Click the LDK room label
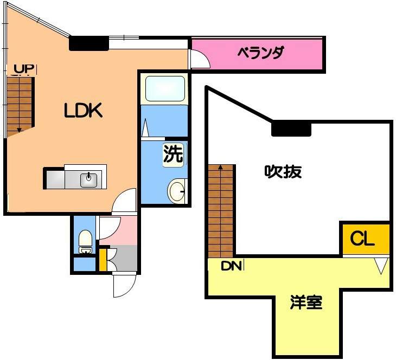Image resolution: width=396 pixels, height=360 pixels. point(83,111)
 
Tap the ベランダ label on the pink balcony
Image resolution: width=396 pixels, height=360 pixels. point(261,53)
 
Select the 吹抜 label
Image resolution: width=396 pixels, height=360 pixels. point(283,172)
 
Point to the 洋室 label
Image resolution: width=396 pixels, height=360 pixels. point(306,303)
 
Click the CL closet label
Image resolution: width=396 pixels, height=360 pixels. point(362,239)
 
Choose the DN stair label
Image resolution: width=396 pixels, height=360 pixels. point(231,266)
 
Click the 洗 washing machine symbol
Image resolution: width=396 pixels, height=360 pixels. point(174,155)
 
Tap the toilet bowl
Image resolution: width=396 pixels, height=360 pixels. point(85,239)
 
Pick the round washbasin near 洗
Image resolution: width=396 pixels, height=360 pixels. point(176,191)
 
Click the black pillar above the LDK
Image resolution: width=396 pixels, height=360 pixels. point(89,43)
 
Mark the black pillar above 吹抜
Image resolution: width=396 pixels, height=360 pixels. point(291,128)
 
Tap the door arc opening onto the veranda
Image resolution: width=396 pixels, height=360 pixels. point(200,59)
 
